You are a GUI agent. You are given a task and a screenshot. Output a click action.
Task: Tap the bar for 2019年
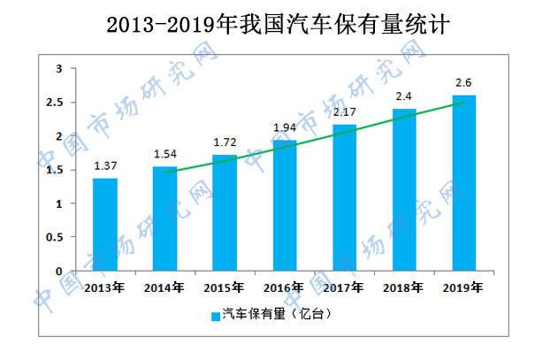click(x=463, y=183)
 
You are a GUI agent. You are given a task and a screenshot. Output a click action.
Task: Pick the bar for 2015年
click(x=225, y=213)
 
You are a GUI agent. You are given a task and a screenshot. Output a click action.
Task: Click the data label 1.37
click(x=105, y=166)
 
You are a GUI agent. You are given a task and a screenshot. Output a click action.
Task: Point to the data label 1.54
click(x=165, y=155)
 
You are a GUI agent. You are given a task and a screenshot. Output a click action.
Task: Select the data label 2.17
click(x=344, y=111)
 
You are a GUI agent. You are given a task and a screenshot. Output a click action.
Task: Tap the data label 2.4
click(x=404, y=96)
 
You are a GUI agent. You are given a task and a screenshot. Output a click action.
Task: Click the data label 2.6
click(x=463, y=82)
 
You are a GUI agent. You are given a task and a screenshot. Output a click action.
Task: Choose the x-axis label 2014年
click(x=164, y=287)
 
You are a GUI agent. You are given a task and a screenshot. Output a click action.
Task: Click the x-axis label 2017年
click(x=344, y=287)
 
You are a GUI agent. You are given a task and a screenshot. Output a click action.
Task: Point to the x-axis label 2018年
click(x=404, y=287)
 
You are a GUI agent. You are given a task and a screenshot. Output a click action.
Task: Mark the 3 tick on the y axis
click(x=58, y=68)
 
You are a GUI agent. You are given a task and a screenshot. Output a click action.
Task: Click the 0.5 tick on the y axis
click(x=55, y=238)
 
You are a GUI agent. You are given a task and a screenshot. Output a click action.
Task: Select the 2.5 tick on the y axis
click(x=55, y=103)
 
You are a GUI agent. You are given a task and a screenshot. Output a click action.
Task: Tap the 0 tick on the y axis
click(x=58, y=272)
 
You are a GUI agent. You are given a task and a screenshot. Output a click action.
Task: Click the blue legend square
click(x=215, y=315)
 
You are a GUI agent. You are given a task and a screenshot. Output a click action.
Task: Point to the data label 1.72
click(x=225, y=142)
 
